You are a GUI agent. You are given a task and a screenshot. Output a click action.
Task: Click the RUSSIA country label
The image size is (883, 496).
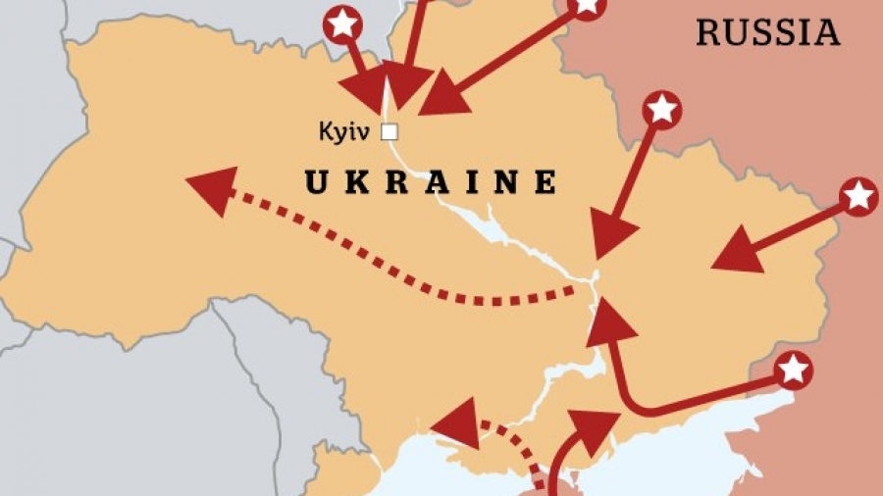(768, 32)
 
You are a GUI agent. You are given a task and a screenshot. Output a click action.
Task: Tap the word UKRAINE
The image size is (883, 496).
(431, 182)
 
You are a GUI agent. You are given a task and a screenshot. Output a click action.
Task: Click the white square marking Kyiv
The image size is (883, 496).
(390, 130)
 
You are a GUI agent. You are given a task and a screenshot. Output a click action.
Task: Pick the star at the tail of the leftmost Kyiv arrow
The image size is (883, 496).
(341, 23)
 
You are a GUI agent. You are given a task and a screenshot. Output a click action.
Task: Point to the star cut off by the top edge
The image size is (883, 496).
(587, 6)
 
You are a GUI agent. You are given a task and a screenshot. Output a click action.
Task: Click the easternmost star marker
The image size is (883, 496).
(858, 196)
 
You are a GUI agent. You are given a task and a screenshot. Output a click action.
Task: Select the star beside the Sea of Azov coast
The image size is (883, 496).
(793, 370)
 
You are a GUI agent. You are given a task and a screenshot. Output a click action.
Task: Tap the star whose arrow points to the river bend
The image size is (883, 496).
(662, 109)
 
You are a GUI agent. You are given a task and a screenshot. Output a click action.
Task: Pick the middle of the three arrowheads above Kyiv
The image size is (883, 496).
(406, 84)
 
